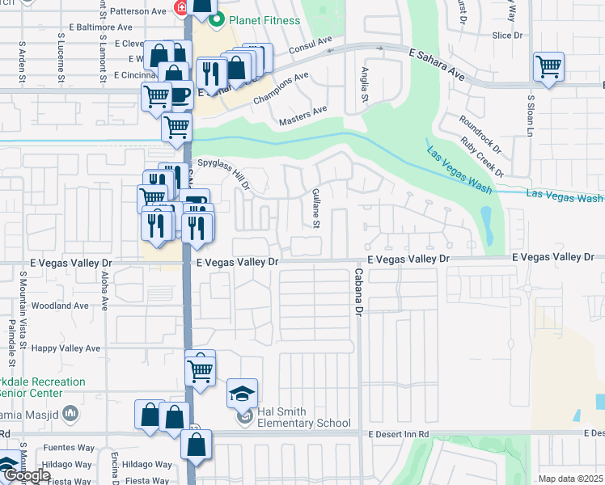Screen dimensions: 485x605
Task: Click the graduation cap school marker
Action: click(242, 394)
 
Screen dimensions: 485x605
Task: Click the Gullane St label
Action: click(316, 209)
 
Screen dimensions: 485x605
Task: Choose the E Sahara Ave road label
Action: click(437, 65)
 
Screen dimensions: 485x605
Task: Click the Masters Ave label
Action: click(302, 115)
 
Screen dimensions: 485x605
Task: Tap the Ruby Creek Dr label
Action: click(482, 154)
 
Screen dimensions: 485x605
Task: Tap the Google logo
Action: click(27, 475)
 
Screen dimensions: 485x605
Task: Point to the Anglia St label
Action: click(366, 85)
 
